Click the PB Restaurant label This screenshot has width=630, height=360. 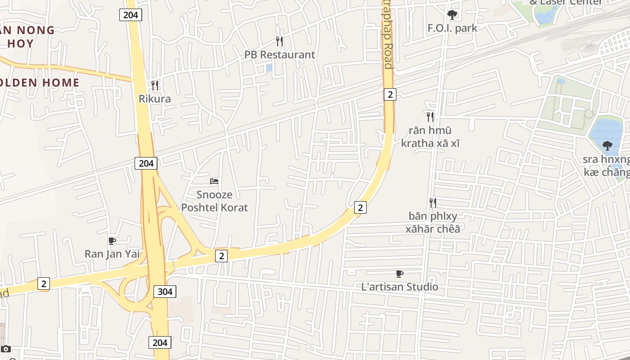[279, 55]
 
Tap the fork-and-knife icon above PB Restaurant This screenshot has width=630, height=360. [279, 41]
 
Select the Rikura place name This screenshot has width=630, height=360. [155, 99]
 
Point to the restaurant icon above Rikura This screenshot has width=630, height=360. [155, 85]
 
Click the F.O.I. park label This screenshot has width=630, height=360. [452, 28]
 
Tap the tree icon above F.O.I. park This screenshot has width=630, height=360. [452, 15]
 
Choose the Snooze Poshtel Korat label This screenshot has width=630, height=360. [214, 201]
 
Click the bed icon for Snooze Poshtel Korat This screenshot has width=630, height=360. [214, 181]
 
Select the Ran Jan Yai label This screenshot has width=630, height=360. [112, 254]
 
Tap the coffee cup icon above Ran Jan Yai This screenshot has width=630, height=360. [112, 241]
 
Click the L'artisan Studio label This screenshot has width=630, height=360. [400, 287]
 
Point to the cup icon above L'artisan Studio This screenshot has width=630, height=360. [399, 274]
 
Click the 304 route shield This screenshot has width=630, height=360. [165, 292]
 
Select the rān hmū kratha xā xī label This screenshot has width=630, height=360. [430, 137]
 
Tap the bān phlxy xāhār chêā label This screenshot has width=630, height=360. [433, 222]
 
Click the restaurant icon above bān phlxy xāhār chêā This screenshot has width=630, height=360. [432, 202]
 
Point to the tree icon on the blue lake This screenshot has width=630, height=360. [607, 145]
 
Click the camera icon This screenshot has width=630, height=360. [6, 349]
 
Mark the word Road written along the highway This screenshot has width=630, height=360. [388, 56]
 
